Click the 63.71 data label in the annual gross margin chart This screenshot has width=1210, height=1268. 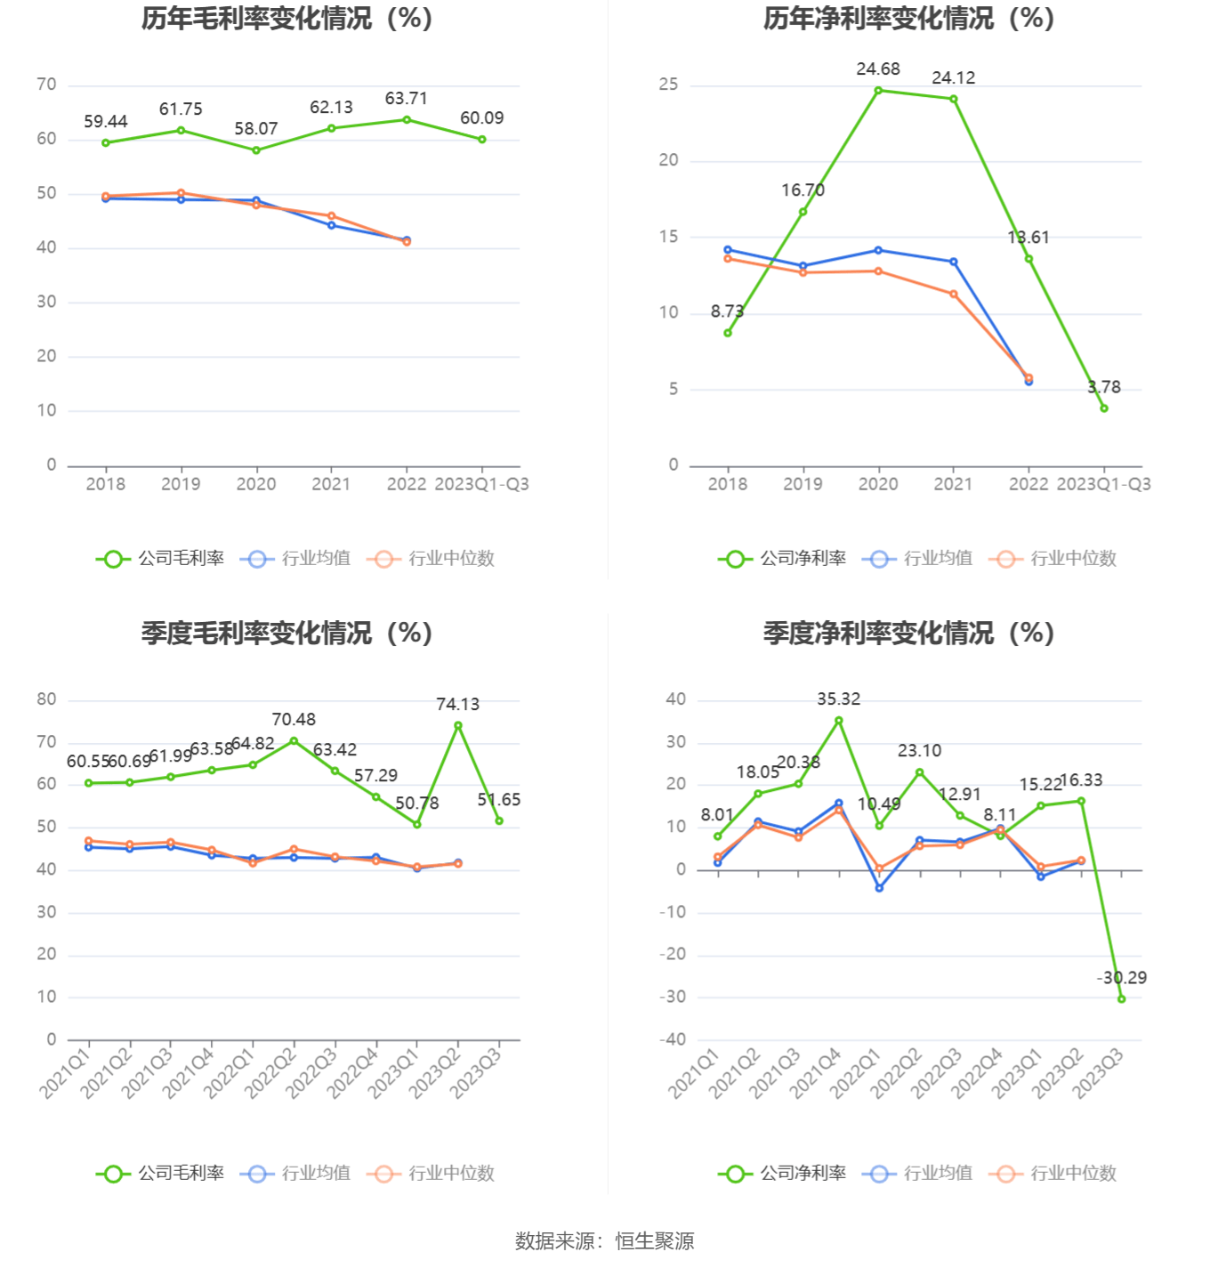click(406, 99)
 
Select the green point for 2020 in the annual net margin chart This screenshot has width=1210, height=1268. click(878, 90)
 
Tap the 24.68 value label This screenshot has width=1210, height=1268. click(878, 69)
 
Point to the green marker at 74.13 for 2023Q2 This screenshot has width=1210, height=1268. click(458, 725)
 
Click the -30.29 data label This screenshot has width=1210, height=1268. click(1122, 978)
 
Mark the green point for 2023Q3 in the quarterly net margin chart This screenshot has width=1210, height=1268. click(1122, 999)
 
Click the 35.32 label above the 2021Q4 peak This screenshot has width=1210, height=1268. click(839, 699)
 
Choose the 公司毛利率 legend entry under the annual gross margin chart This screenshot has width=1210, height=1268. click(161, 559)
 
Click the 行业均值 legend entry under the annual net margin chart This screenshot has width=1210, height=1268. click(918, 559)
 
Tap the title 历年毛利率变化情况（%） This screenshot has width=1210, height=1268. click(286, 19)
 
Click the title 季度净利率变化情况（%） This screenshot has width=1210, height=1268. click(908, 634)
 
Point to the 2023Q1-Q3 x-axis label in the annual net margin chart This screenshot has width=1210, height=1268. click(1103, 484)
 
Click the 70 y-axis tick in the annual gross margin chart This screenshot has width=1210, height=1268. click(46, 85)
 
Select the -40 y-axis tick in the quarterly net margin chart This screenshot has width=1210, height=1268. click(673, 1039)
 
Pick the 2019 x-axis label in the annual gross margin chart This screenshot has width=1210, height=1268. click(181, 484)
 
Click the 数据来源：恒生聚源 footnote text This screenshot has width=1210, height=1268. click(605, 1241)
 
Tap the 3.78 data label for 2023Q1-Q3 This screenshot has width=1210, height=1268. click(1104, 387)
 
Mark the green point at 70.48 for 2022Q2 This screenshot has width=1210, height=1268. click(294, 740)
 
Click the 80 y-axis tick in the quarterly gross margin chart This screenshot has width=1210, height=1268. click(46, 699)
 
